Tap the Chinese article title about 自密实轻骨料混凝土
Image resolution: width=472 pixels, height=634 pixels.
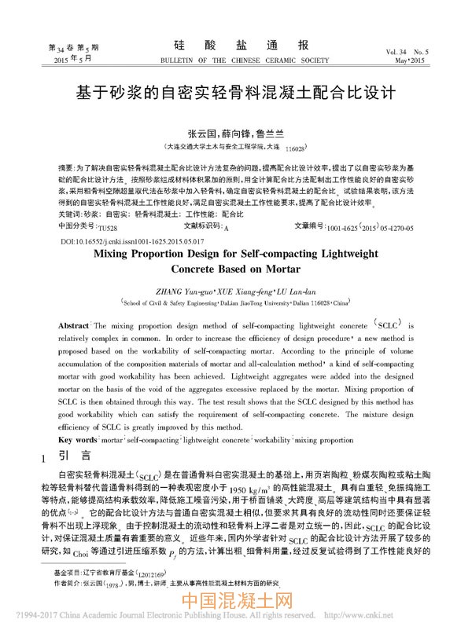[x=235, y=91]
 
